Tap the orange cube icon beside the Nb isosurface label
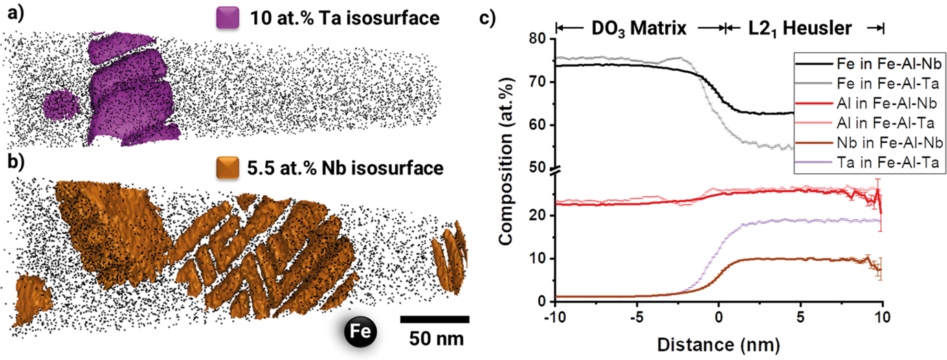point(225,168)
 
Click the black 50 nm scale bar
point(434,319)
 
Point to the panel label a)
point(11,13)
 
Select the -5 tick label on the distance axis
point(636,317)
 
